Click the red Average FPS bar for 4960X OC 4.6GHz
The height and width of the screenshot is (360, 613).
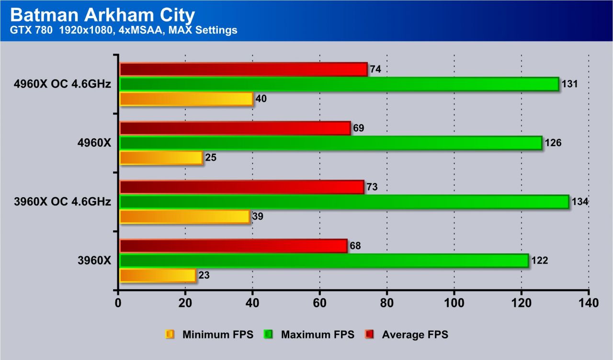[x=243, y=69]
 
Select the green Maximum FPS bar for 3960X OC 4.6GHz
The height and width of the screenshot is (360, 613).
[x=344, y=202]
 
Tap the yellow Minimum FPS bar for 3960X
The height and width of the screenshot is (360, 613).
[x=158, y=276]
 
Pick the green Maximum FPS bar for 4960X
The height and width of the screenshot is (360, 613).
[x=330, y=143]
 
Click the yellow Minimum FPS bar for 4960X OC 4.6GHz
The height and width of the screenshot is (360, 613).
[x=186, y=99]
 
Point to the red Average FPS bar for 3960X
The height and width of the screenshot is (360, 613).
[x=233, y=246]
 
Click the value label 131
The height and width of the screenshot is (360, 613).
[x=569, y=84]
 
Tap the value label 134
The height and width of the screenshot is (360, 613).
[x=579, y=202]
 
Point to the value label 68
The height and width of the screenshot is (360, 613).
[x=355, y=246]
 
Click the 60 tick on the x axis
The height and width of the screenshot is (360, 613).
[x=319, y=303]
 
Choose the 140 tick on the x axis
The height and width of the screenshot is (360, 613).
[x=588, y=303]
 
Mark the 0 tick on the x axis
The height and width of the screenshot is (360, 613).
[x=118, y=303]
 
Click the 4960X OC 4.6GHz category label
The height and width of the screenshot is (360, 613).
[x=63, y=84]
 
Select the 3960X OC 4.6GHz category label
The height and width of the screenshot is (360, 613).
[x=63, y=202]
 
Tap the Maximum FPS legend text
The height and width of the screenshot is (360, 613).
[x=318, y=335]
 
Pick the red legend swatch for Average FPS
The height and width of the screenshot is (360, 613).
[x=369, y=335]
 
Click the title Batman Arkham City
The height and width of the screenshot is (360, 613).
[x=102, y=15]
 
